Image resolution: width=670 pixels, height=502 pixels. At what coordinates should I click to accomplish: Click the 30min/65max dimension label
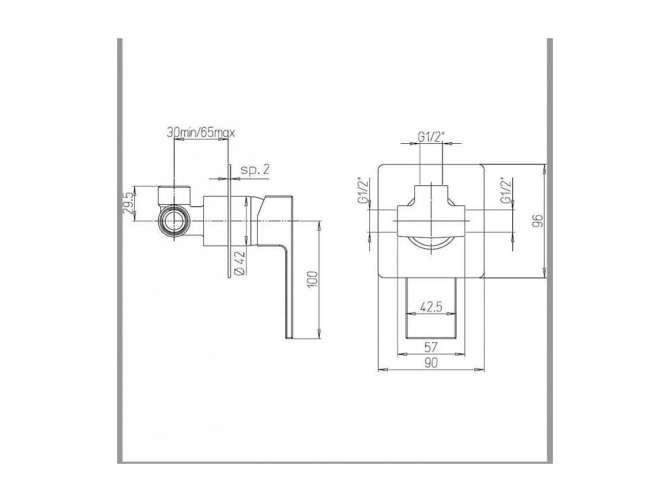[x=200, y=133]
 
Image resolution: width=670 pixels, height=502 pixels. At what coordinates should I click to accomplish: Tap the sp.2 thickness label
[x=255, y=170]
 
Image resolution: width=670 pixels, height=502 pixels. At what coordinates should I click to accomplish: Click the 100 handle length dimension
[x=313, y=279]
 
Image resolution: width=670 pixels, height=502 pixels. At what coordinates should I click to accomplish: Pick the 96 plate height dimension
[x=537, y=221]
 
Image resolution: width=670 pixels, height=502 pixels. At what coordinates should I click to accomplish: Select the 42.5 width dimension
[x=431, y=307]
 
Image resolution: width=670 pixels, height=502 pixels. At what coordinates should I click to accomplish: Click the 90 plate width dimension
[x=431, y=363]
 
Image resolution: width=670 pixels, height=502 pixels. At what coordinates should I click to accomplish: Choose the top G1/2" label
[x=431, y=137]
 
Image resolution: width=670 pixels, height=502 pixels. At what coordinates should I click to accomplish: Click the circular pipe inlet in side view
[x=174, y=222]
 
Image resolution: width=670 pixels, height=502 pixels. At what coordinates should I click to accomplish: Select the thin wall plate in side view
[x=228, y=221]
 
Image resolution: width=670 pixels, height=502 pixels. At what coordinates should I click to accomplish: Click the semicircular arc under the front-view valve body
[x=431, y=243]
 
